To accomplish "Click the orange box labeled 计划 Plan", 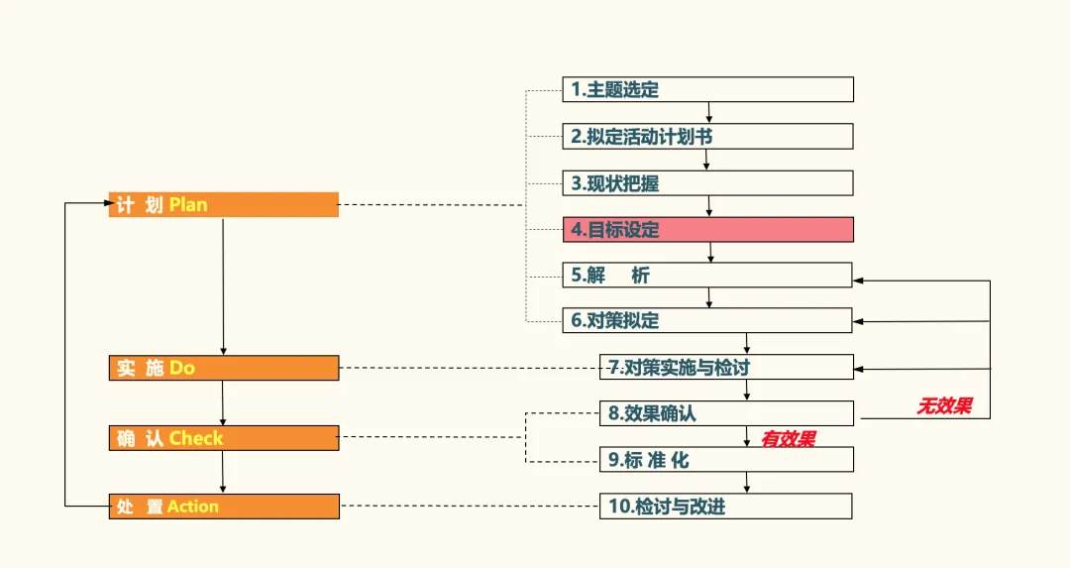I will (x=223, y=205).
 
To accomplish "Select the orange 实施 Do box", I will (x=223, y=368).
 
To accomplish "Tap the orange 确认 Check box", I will (x=223, y=438).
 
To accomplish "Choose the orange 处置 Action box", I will (x=223, y=507).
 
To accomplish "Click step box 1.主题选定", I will (x=707, y=89).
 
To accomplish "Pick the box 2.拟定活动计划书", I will (x=707, y=136).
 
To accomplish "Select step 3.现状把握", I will (x=707, y=183).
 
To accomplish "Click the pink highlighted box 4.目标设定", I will (x=707, y=230).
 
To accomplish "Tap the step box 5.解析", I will (x=707, y=275).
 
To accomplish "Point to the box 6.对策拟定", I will (x=707, y=320).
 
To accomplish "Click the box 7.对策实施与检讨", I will (x=726, y=367).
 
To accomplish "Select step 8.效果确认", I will (x=726, y=413).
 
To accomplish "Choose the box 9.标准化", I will (x=726, y=460).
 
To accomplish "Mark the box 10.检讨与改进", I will (x=726, y=507).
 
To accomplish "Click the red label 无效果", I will (x=944, y=405).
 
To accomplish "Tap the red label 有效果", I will (x=788, y=438).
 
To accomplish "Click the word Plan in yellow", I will (x=188, y=205).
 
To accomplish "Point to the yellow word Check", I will (x=196, y=438).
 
